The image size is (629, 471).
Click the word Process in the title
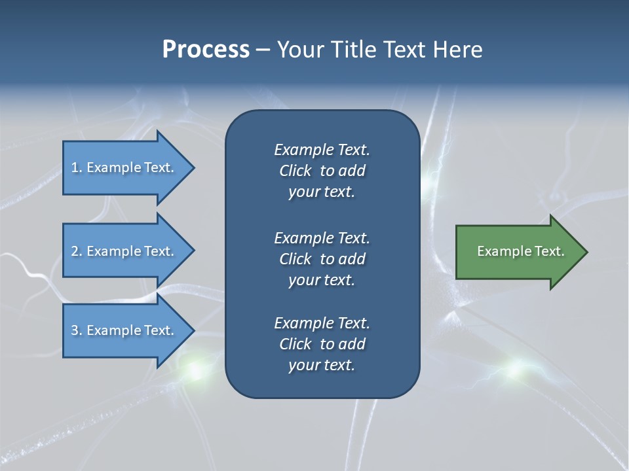206,50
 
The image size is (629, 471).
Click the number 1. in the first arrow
76,168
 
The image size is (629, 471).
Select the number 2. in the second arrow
76,251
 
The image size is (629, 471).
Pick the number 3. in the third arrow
76,331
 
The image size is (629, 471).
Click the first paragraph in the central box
322,171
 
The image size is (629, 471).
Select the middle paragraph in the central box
322,259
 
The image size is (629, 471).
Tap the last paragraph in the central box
322,344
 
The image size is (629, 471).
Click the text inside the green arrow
520,251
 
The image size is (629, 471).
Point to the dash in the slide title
263,50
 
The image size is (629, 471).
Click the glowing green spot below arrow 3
195,370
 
